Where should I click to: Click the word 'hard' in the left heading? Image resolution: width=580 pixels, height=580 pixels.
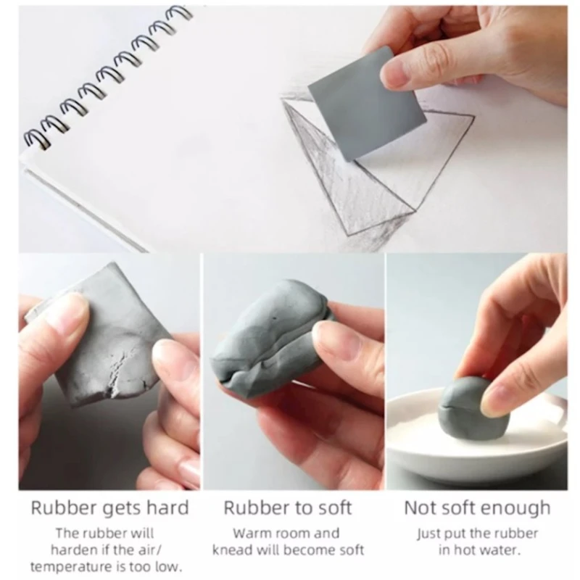click(x=168, y=507)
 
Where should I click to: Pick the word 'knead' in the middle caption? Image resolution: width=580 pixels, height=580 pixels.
click(x=233, y=550)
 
